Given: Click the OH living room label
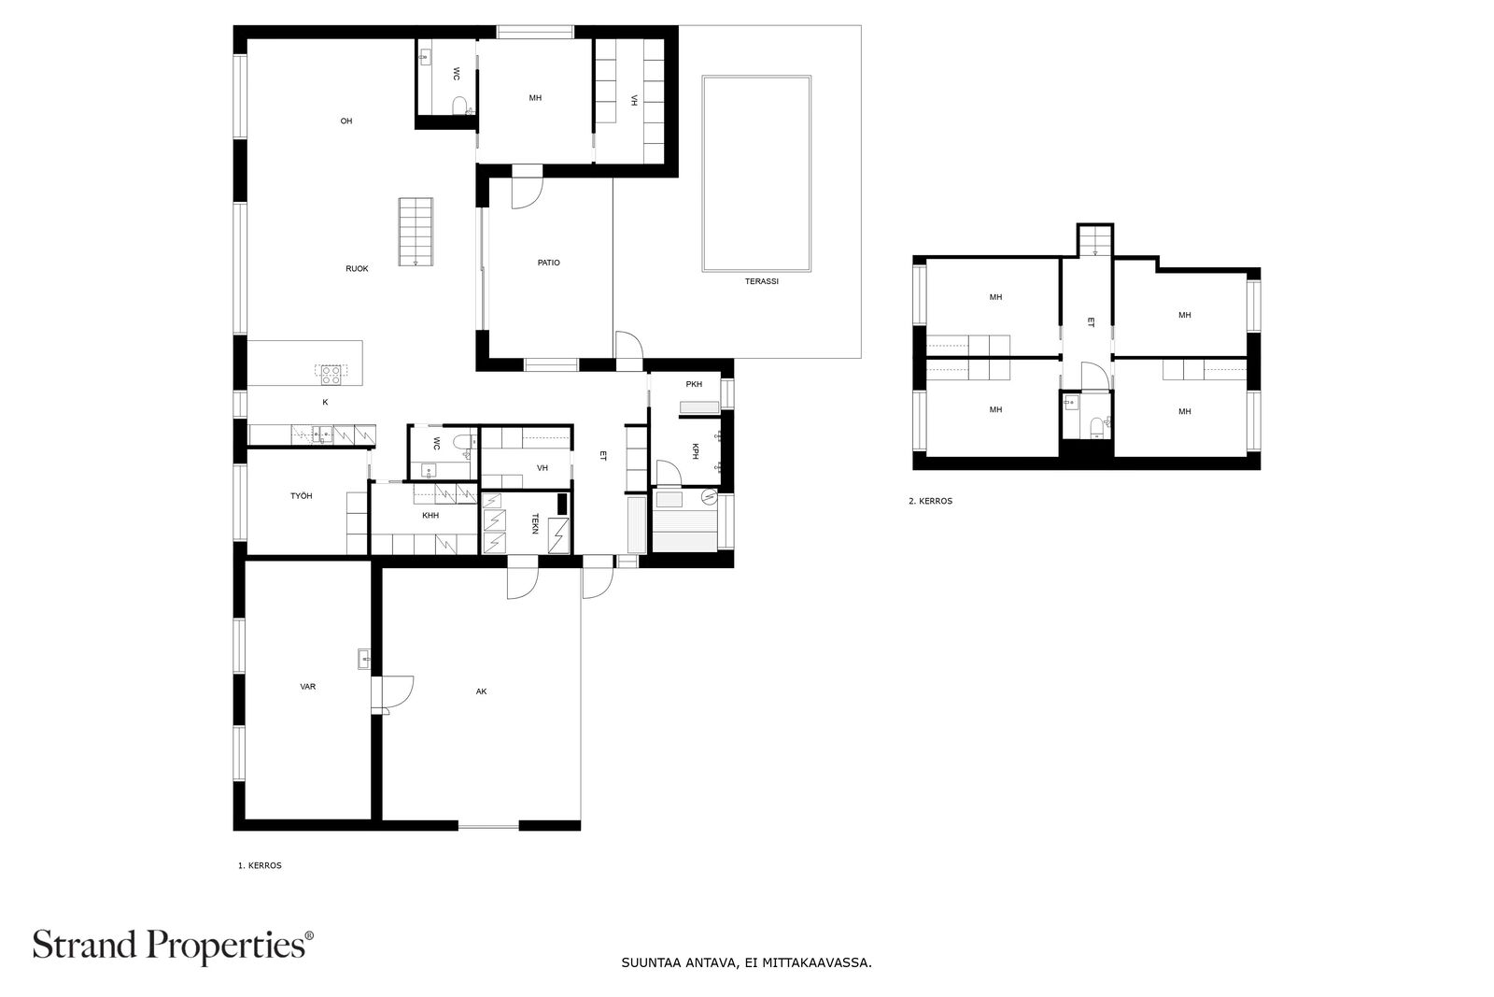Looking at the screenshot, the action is click(x=346, y=121).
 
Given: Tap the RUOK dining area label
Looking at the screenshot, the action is click(x=357, y=269).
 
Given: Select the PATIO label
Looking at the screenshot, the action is click(x=549, y=263).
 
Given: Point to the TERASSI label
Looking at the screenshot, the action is click(x=762, y=281).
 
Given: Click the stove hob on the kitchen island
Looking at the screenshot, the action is click(x=331, y=375).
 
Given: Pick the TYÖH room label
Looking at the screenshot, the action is click(x=302, y=496).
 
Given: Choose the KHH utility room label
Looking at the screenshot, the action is click(x=430, y=515).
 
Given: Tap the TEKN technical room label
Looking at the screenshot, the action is click(x=535, y=523).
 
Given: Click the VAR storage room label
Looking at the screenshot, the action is click(x=307, y=686).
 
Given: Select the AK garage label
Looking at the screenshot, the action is click(x=482, y=691).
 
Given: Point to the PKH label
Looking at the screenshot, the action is click(x=694, y=384).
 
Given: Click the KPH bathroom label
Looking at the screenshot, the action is click(x=695, y=452).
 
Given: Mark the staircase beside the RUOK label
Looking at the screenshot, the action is click(x=416, y=232).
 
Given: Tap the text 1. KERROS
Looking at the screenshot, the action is click(x=261, y=865).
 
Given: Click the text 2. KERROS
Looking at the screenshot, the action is click(x=930, y=501).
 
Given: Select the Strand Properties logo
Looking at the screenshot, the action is click(x=173, y=946).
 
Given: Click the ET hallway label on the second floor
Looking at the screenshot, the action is click(x=1091, y=322).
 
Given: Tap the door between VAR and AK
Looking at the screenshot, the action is click(x=392, y=694).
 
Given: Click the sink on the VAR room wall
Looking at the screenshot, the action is click(x=365, y=660).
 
